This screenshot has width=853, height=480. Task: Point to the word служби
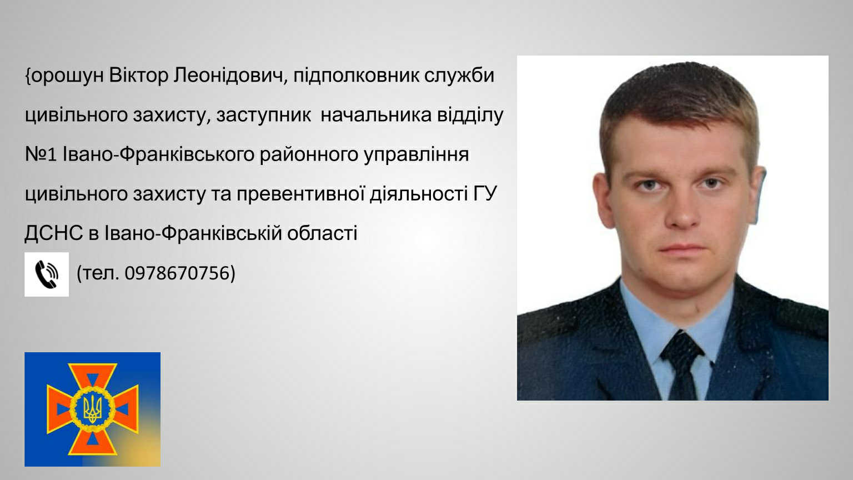(x=459, y=76)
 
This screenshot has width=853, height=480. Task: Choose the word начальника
(x=376, y=115)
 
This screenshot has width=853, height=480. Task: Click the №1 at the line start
(x=41, y=154)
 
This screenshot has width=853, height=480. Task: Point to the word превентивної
(x=300, y=194)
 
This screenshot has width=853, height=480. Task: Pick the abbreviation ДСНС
(x=54, y=233)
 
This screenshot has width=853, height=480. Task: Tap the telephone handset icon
(x=47, y=274)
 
